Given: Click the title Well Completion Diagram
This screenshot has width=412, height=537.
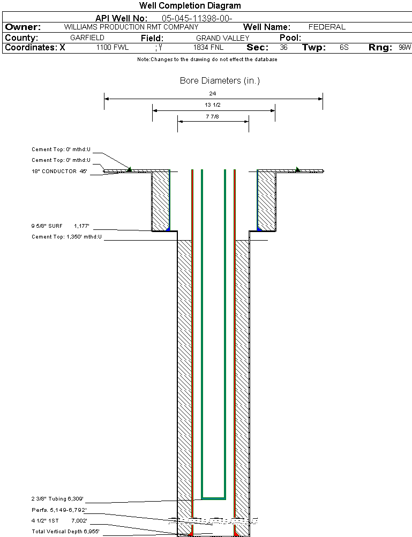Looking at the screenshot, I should (190, 6).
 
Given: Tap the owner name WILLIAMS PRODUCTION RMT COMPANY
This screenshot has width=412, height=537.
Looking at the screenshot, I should (131, 27).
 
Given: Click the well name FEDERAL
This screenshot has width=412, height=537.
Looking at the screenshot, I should (327, 27).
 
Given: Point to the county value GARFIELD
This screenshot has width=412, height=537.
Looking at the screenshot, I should (87, 38).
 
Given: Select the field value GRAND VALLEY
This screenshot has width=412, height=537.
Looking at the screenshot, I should (222, 38).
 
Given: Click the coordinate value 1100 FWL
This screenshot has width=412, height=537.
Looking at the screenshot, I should (113, 48).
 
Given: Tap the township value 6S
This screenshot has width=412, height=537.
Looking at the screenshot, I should (344, 48).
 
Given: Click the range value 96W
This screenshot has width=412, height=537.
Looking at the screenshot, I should (404, 48).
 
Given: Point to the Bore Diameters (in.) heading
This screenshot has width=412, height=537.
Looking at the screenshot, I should (220, 81).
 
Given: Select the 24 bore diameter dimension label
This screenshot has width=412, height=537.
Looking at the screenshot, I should (213, 93).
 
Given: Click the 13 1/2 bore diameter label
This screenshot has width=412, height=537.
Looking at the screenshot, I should (213, 105).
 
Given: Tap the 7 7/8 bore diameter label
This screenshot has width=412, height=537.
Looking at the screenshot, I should (213, 116).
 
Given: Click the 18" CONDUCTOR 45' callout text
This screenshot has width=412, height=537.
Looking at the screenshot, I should (59, 171).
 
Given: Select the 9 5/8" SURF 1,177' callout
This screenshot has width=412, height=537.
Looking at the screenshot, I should (64, 226).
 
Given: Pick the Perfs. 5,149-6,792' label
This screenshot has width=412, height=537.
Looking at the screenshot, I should (59, 510).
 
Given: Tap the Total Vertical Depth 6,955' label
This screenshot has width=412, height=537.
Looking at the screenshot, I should (65, 531).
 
